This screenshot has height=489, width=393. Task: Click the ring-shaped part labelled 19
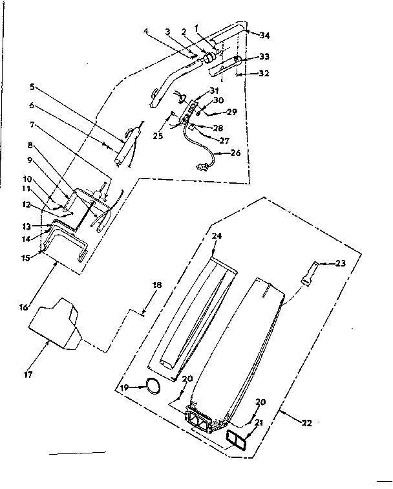(x=153, y=386)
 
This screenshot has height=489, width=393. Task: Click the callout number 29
(x=231, y=111)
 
